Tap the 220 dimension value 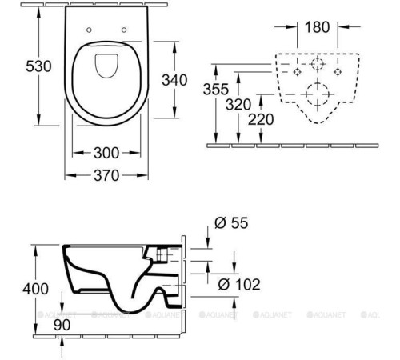point(267,119)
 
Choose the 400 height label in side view point(17,289)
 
